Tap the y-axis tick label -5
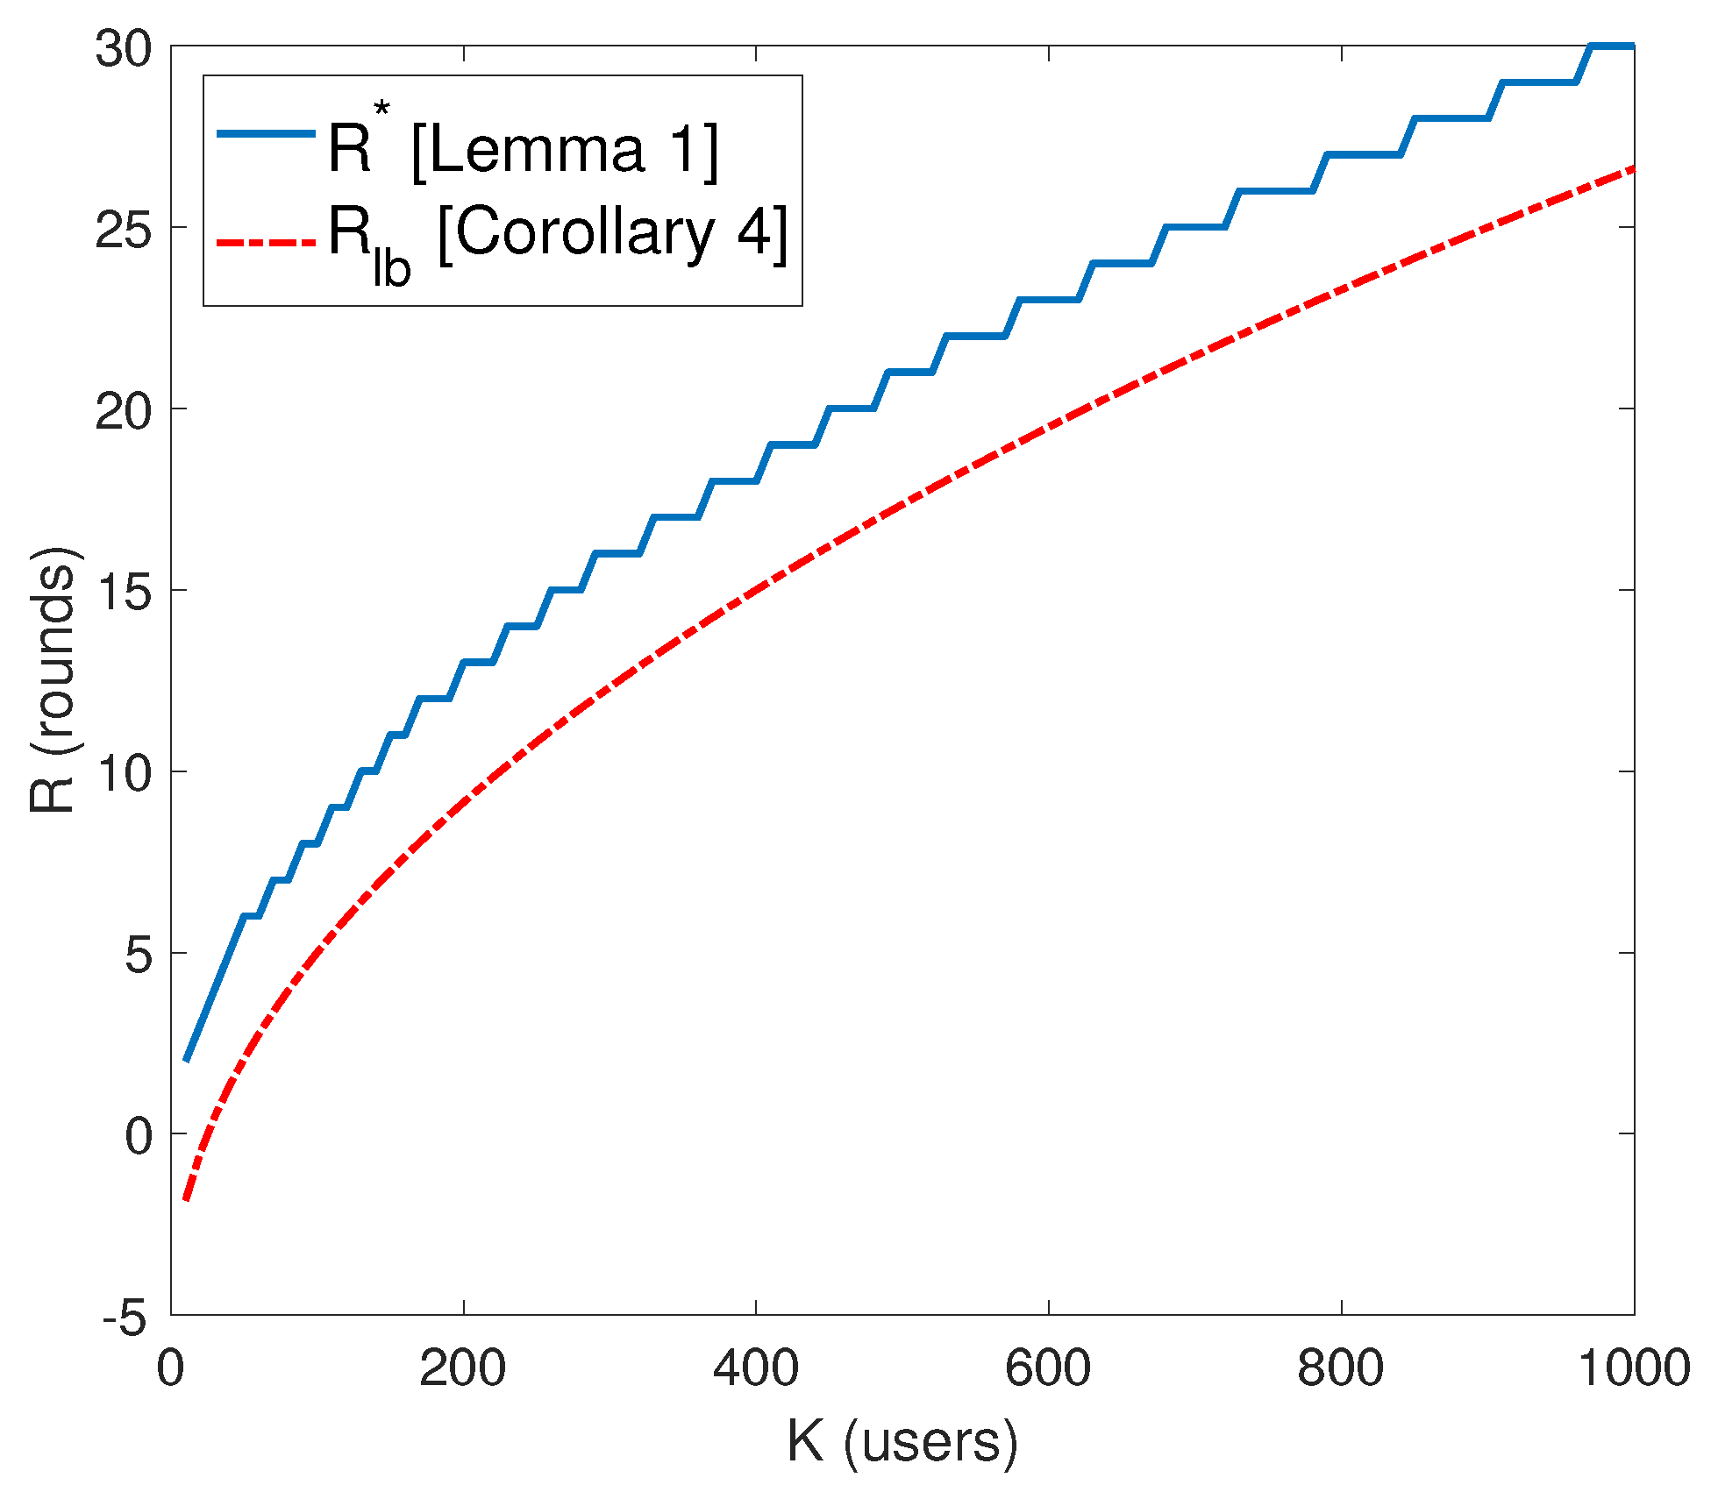tap(125, 1318)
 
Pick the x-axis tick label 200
tap(462, 1368)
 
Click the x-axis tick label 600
tap(1048, 1368)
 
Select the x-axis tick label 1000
tap(1634, 1368)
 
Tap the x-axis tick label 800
tap(1341, 1368)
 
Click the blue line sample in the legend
tap(265, 133)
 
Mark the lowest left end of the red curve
tap(186, 1199)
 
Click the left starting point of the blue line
tap(186, 1060)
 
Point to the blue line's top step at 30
tap(1613, 46)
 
